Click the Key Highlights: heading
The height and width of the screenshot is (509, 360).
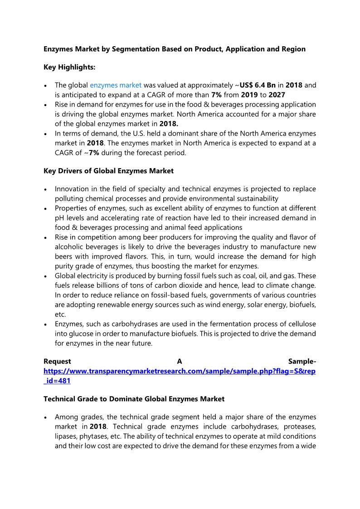coord(69,67)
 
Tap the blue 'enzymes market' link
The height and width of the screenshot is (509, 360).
coord(116,85)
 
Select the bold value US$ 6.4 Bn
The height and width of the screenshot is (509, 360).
coord(258,85)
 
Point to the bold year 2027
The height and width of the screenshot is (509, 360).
coord(277,94)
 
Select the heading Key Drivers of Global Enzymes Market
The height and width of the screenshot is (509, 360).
coord(108,171)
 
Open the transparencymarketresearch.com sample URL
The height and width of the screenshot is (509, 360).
coord(180,371)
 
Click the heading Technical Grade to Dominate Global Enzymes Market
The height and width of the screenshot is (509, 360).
coord(134,399)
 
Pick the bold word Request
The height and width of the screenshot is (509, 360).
coord(57,361)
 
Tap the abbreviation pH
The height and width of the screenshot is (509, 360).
coord(59,218)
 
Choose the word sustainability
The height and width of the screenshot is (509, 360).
coord(257,199)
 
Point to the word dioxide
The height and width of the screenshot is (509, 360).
coord(205,286)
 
